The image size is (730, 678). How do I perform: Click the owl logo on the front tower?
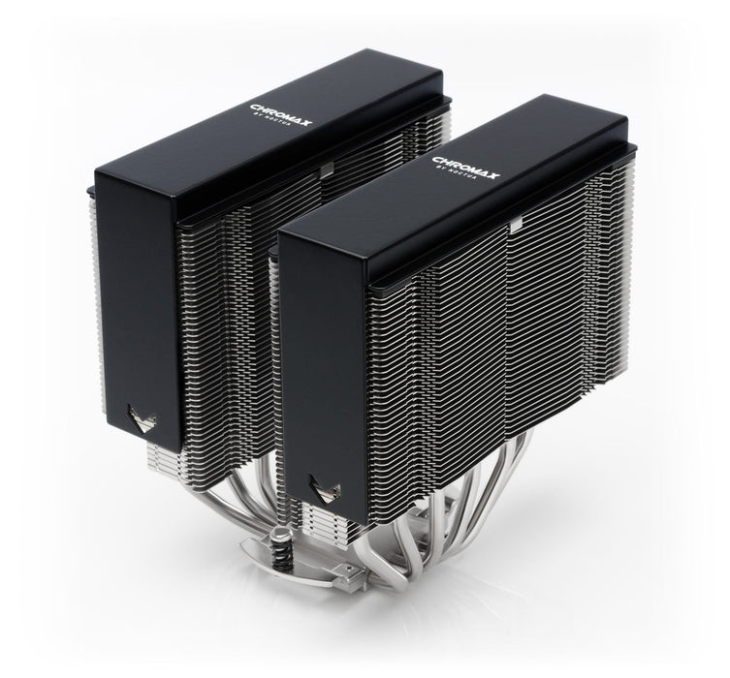click(316, 483)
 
